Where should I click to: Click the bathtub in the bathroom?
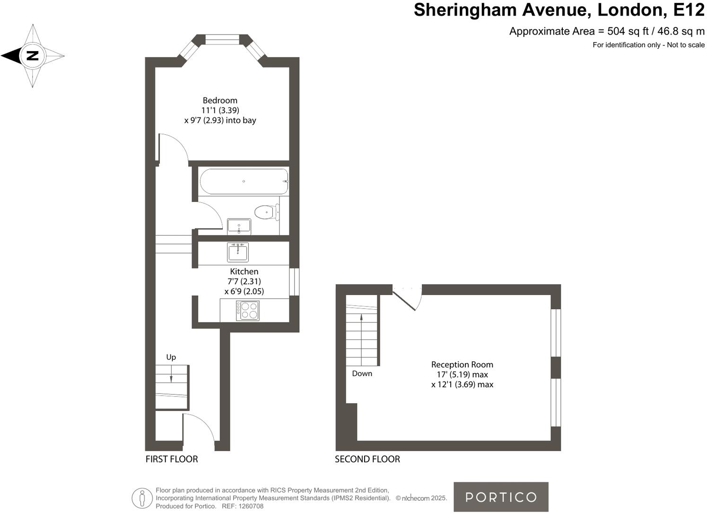244,182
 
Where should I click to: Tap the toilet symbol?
266,212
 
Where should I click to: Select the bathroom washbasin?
239,227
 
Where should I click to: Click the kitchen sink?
237,252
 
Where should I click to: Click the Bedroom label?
220,100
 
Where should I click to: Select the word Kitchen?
244,271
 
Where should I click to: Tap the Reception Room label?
462,365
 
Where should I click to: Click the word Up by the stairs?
171,357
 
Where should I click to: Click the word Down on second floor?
362,374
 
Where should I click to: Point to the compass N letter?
32,56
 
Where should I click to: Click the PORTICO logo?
501,497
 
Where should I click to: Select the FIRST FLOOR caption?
172,459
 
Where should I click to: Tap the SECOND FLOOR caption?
367,459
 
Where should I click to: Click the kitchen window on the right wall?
294,282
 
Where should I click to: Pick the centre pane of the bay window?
222,40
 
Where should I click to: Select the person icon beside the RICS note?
142,498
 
